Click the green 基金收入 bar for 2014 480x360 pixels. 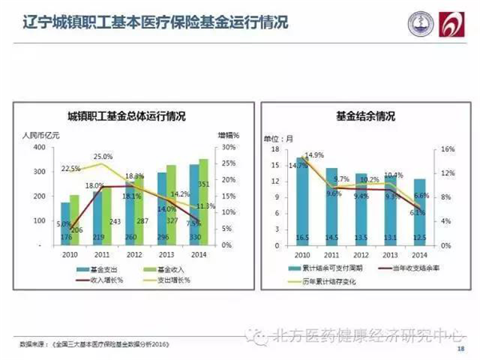tap(202, 204)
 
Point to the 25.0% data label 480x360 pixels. tap(102, 156)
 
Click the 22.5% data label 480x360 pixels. tap(70, 169)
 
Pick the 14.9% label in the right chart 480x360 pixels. tap(314, 154)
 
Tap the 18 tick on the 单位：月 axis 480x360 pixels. tap(273, 150)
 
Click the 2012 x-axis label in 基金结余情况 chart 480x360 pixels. tap(362, 254)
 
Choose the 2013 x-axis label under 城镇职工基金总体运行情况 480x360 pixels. tap(164, 254)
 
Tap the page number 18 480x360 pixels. tap(460, 349)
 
